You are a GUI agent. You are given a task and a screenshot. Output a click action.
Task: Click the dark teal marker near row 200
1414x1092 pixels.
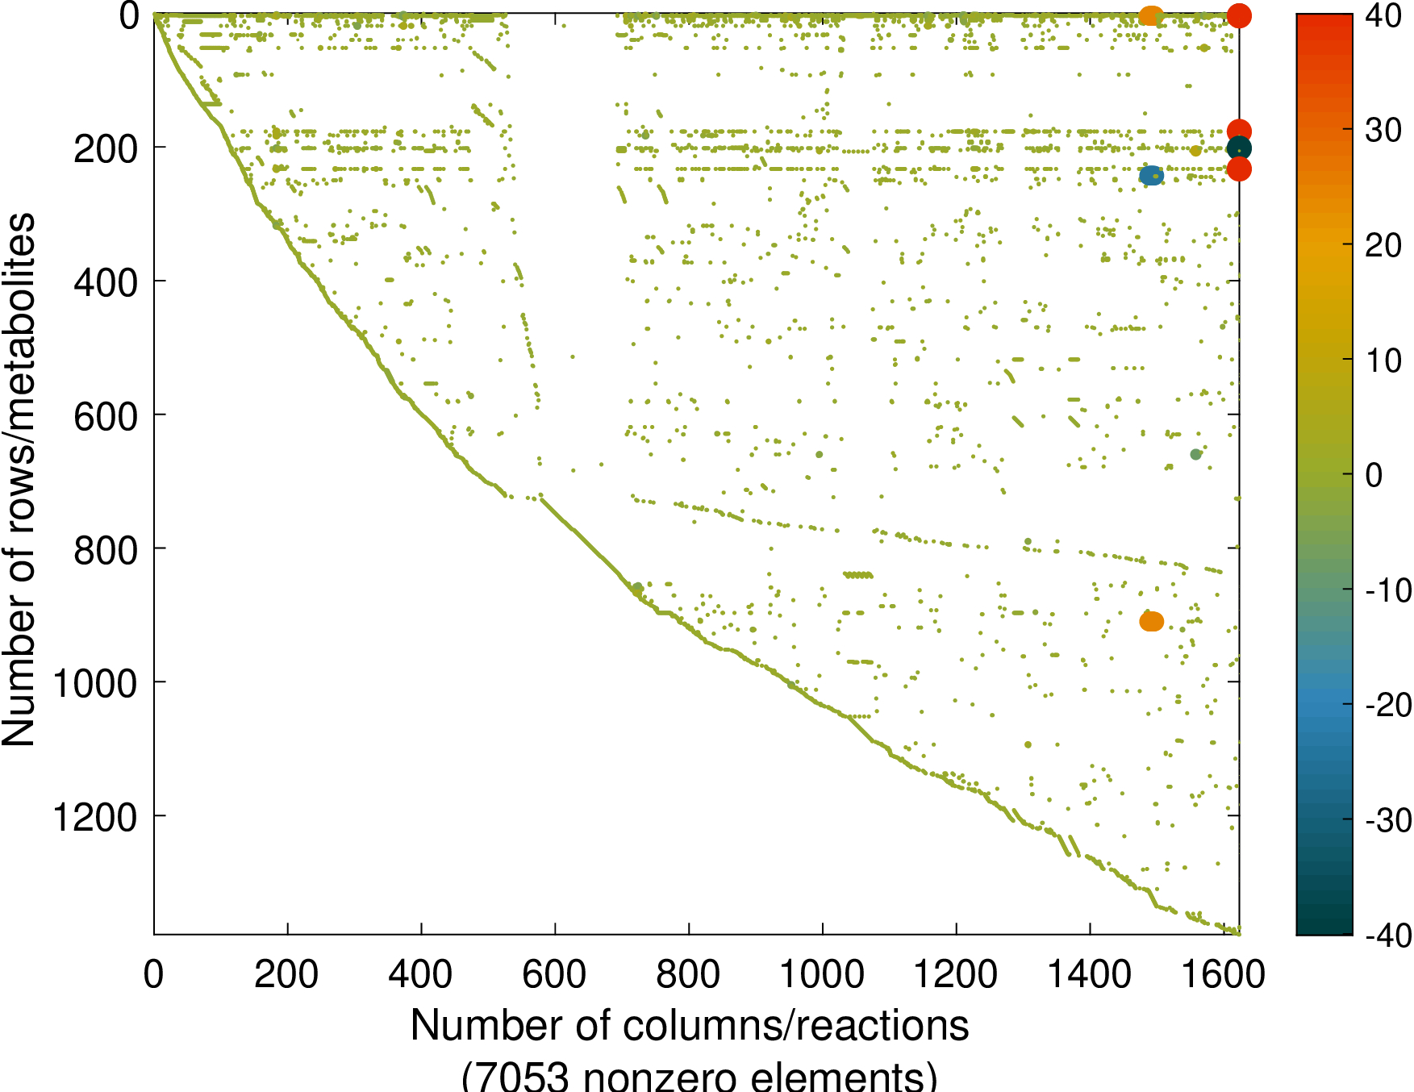[x=1239, y=149]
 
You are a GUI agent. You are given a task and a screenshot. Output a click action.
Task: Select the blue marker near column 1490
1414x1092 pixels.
[x=1151, y=176]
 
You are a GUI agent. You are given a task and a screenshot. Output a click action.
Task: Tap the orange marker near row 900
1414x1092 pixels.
[x=1152, y=621]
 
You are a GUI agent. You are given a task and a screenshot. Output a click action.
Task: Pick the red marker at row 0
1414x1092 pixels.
[x=1239, y=15]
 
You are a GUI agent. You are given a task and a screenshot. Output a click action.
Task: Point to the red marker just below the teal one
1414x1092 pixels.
[x=1239, y=169]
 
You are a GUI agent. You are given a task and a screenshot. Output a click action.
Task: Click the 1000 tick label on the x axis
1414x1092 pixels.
[x=822, y=974]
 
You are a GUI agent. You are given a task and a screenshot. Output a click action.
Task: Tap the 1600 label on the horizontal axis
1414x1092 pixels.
[x=1223, y=974]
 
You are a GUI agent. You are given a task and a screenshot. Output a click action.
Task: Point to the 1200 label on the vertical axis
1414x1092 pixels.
[x=94, y=818]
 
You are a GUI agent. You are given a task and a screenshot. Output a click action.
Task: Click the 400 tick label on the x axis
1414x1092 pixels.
[x=420, y=974]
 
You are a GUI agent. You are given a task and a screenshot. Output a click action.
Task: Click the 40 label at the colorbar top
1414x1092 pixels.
[x=1383, y=15]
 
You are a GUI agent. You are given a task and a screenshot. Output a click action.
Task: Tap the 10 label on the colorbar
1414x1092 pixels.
[x=1383, y=360]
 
